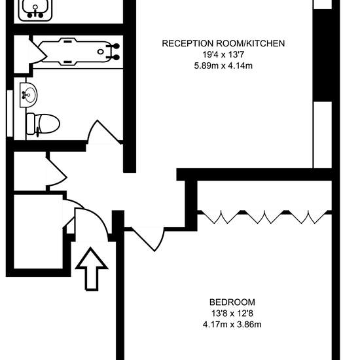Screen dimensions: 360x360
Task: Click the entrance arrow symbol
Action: [92, 269]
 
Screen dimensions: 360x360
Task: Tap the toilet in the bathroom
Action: [43, 124]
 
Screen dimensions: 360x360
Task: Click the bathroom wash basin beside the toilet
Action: [28, 95]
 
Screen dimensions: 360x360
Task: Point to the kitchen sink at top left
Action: [35, 10]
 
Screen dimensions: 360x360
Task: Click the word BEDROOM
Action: [232, 302]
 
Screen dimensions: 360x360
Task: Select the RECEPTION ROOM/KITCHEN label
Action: [223, 43]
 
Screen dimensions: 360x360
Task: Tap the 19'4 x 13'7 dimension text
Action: [223, 54]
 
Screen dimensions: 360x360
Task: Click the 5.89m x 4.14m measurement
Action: [223, 66]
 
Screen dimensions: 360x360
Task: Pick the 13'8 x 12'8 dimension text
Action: [232, 314]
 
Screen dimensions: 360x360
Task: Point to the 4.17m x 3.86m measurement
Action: [232, 325]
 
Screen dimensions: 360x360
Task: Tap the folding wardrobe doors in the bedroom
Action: [264, 217]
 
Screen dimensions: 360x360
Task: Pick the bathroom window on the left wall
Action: [10, 113]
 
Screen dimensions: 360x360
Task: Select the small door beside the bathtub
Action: [38, 54]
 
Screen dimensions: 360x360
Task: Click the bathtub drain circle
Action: [100, 52]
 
